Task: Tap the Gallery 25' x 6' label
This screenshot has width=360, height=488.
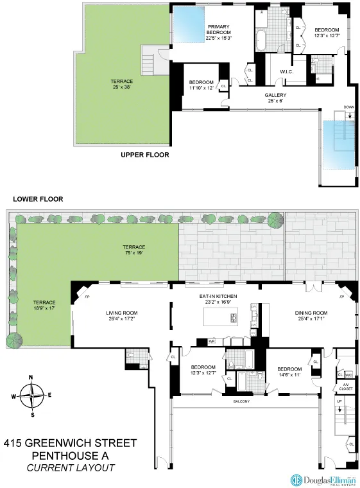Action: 275,98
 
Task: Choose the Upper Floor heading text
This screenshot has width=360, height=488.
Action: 144,155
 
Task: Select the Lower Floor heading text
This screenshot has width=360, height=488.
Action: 36,199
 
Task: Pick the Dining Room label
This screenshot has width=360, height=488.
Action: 311,317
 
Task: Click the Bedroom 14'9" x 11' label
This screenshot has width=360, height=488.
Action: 289,372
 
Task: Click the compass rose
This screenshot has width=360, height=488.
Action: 31,396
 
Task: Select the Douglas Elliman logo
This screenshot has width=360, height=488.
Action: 321,479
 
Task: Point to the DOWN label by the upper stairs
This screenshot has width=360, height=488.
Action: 348,108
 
